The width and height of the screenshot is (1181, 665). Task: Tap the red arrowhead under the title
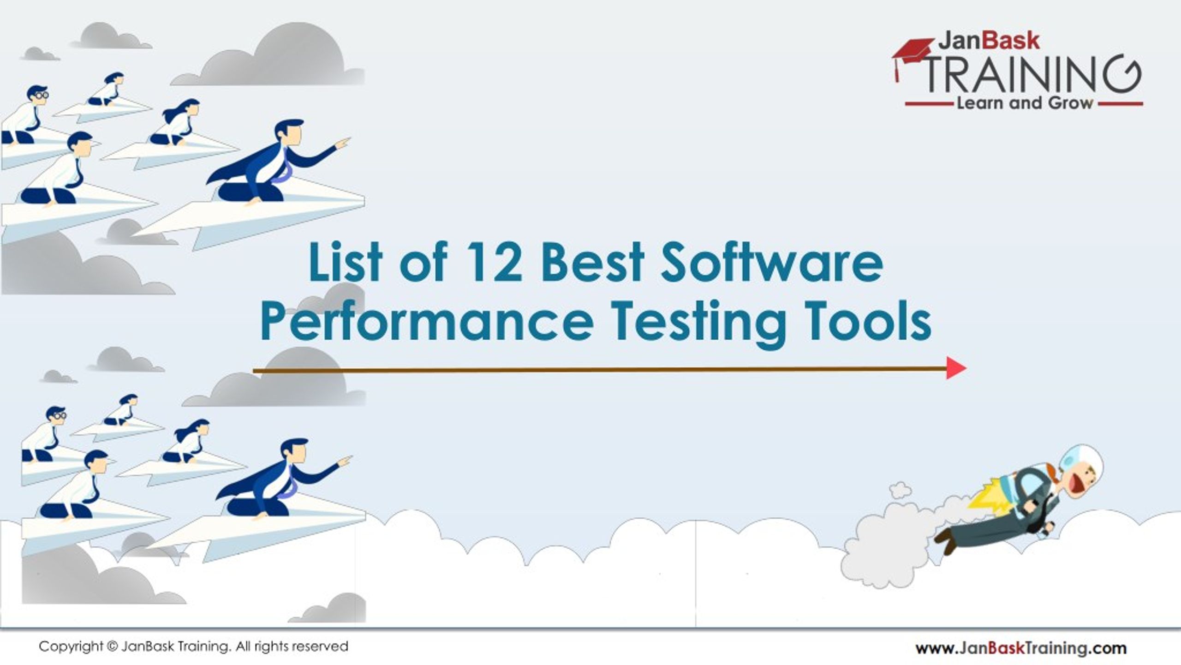(955, 368)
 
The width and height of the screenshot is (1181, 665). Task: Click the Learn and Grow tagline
(1025, 103)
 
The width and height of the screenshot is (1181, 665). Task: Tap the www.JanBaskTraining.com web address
(1021, 648)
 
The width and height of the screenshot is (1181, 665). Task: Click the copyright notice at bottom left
(193, 647)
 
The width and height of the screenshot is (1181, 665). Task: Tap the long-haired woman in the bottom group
(187, 438)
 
